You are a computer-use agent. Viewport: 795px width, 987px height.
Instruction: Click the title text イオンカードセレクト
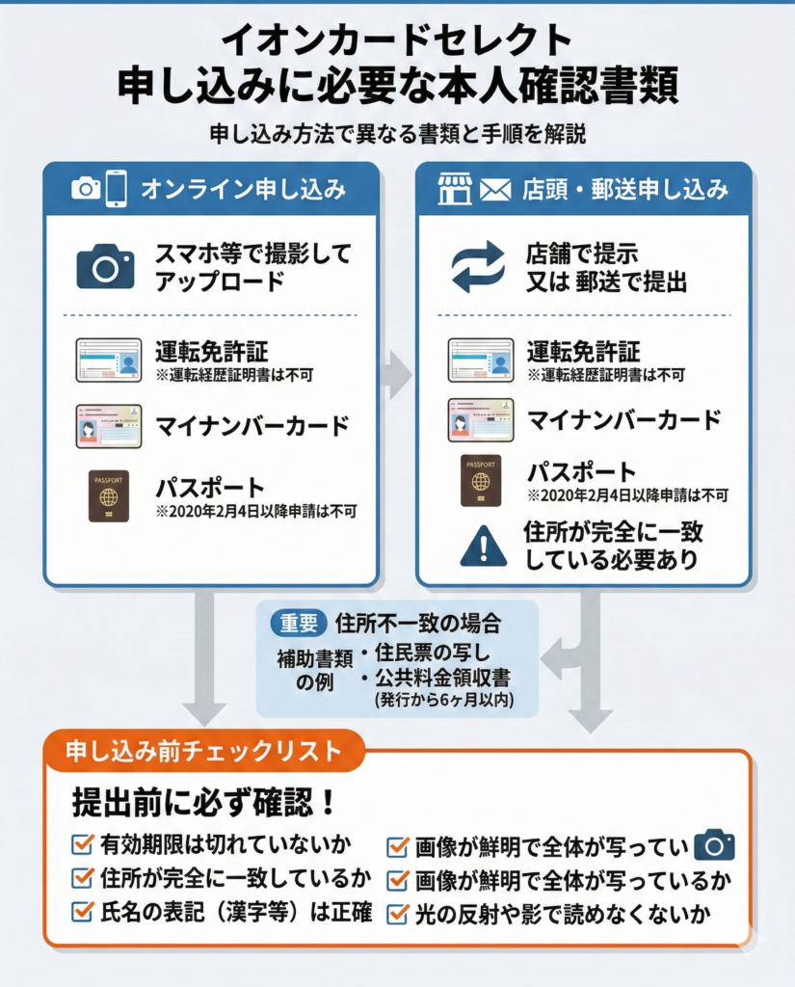[x=396, y=40]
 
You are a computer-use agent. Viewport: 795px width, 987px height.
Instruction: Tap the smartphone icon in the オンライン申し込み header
[x=117, y=188]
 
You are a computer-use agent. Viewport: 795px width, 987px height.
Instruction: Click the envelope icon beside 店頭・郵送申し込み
[x=494, y=189]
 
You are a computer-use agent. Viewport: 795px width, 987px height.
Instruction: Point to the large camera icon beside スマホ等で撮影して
[x=105, y=267]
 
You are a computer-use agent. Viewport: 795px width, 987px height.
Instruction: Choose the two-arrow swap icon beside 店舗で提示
[x=479, y=267]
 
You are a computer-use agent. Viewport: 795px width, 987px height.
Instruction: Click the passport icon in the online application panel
[x=109, y=495]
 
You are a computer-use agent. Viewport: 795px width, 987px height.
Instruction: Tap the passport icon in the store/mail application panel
[x=480, y=480]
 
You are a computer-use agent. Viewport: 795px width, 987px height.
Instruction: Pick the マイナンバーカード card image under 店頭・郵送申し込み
[x=480, y=419]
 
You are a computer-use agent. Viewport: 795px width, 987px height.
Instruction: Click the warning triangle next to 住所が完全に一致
[x=484, y=547]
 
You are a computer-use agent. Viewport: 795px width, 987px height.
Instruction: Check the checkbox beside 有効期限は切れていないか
[x=83, y=844]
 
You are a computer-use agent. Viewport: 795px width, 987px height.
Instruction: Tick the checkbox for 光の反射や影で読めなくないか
[x=397, y=912]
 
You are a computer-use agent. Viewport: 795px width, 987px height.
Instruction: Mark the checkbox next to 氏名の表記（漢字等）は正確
[x=83, y=911]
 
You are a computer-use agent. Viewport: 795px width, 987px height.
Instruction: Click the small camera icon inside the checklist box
[x=714, y=844]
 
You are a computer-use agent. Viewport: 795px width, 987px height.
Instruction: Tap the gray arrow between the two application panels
[x=395, y=374]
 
